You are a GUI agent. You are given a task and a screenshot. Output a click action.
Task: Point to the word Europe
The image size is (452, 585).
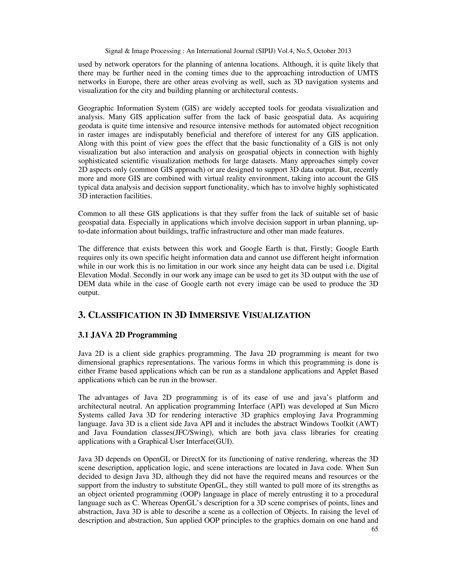127,82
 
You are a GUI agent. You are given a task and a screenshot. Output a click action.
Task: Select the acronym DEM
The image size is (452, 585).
86,284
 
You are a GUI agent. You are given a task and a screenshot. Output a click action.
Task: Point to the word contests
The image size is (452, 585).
285,91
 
